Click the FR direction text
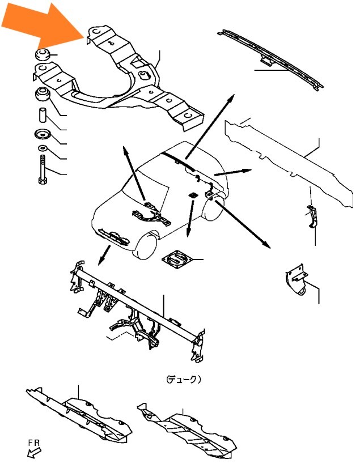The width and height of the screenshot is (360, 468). click(x=34, y=443)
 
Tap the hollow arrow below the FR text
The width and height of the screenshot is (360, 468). click(x=33, y=453)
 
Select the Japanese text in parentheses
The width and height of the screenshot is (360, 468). click(x=184, y=380)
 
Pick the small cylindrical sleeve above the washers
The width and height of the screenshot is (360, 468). click(x=43, y=115)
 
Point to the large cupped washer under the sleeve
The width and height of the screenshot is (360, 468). click(x=43, y=134)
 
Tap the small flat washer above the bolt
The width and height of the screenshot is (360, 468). click(x=43, y=147)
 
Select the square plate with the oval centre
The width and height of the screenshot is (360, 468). click(x=177, y=259)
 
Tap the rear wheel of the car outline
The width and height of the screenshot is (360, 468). click(x=214, y=205)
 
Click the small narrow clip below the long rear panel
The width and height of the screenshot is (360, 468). click(x=312, y=216)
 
